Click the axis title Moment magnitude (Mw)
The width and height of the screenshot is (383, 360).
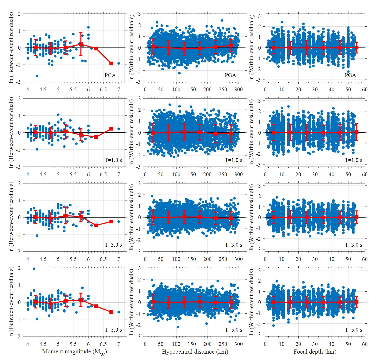[74, 352]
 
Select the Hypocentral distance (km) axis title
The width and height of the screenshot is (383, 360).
[195, 352]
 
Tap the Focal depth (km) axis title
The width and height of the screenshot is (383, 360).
[315, 352]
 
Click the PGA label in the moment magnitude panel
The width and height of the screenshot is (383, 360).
[110, 75]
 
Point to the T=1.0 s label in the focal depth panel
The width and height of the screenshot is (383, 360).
[354, 160]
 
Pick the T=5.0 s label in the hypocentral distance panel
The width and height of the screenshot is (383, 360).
[234, 330]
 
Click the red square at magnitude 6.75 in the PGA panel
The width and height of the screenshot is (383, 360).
[111, 63]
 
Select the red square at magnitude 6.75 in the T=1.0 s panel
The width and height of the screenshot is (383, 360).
[111, 129]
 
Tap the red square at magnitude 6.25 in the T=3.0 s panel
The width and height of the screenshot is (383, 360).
[96, 225]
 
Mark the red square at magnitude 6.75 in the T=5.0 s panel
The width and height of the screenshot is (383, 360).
[111, 312]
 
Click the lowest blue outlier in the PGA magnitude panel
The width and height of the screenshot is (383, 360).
[37, 76]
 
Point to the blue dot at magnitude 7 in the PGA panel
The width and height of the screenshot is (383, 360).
[119, 63]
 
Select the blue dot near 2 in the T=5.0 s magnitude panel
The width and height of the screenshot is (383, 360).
[34, 269]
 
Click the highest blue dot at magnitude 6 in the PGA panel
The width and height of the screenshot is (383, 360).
[89, 27]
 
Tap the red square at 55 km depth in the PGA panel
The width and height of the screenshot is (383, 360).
[357, 48]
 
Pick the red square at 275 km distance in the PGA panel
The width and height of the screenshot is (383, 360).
[231, 46]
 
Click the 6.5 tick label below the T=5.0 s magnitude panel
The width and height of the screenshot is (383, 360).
[103, 344]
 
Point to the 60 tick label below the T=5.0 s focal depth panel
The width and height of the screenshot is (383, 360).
[365, 344]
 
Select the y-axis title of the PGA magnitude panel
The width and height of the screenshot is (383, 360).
[11, 47]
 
